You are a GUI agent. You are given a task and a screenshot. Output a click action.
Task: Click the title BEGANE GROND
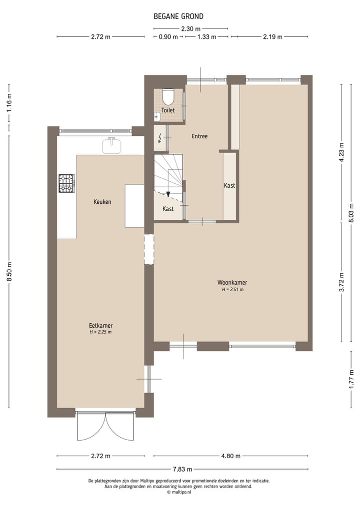[178, 16]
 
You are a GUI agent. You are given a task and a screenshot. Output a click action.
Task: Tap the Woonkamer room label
[232, 283]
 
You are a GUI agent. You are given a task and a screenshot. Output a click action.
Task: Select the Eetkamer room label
[100, 325]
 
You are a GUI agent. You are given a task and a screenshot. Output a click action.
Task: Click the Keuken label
[102, 202]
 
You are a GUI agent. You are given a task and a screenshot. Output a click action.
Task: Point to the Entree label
[199, 136]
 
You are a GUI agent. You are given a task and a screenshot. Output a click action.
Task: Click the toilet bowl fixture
[168, 95]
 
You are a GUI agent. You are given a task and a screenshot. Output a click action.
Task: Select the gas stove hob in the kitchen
[66, 183]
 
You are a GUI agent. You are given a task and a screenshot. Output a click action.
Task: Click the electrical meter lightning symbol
[159, 138]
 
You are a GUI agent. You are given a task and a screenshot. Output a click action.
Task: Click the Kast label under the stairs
[168, 209]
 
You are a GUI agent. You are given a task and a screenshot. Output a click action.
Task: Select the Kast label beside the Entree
[229, 185]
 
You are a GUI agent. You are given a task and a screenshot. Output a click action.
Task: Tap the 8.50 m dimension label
[9, 272]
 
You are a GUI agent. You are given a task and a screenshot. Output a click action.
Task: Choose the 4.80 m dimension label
[230, 456]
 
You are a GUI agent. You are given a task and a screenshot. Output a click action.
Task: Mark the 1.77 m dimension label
[351, 379]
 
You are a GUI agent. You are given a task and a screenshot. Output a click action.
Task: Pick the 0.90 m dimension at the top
[168, 36]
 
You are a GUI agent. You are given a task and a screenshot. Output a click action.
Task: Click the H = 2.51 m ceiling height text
[232, 290]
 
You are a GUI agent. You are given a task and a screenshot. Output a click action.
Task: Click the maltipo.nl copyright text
[179, 492]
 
